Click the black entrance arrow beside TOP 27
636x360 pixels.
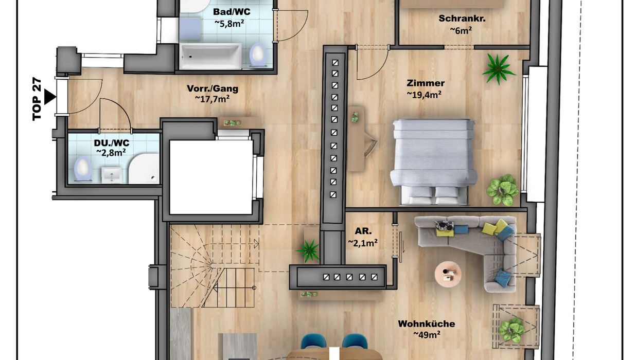coord(49,97)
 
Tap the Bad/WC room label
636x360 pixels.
coord(232,12)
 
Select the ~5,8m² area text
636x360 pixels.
coord(229,23)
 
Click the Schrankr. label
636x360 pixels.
coord(462,19)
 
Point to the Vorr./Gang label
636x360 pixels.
coord(213,88)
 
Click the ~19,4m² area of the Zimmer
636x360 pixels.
coord(424,94)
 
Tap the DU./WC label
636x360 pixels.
coord(112,142)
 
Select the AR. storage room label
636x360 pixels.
coord(363,231)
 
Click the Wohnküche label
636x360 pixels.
coord(426,323)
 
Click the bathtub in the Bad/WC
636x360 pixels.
coord(210,56)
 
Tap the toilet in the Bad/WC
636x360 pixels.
coord(258,55)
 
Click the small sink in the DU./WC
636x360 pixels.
coord(112,174)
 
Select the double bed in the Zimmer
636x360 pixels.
coord(433,161)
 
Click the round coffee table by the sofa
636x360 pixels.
coord(448,274)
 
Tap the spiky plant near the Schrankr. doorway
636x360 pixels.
coord(498,69)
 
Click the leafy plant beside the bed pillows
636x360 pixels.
coord(502,190)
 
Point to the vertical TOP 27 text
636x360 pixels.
coord(37,99)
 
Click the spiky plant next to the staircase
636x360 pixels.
coord(308,250)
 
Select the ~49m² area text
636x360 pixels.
coord(427,334)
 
